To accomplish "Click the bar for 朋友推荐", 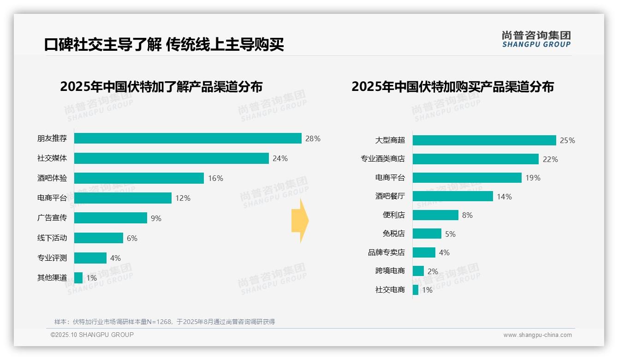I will point(188,138).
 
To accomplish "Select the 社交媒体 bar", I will point(171,158).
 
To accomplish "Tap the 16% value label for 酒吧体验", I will point(215,178).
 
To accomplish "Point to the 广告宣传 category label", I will point(52,218).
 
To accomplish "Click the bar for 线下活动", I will point(99,238).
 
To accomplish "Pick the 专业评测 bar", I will point(90,258).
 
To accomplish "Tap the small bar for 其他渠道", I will point(78,278).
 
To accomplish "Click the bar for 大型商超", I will point(484,140).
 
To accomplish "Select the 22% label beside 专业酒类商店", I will point(550,159).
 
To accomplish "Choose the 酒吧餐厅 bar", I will point(452,197).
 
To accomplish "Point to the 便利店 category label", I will point(394,215).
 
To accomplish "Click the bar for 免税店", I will point(427,234).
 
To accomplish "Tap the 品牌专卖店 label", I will point(386,252).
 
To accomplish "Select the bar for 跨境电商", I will point(418,271).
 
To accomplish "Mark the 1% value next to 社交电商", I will point(427,290).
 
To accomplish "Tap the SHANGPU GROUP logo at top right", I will point(536,39).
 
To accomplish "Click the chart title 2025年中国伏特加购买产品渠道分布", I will point(452,87).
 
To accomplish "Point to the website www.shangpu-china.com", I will point(537,335).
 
